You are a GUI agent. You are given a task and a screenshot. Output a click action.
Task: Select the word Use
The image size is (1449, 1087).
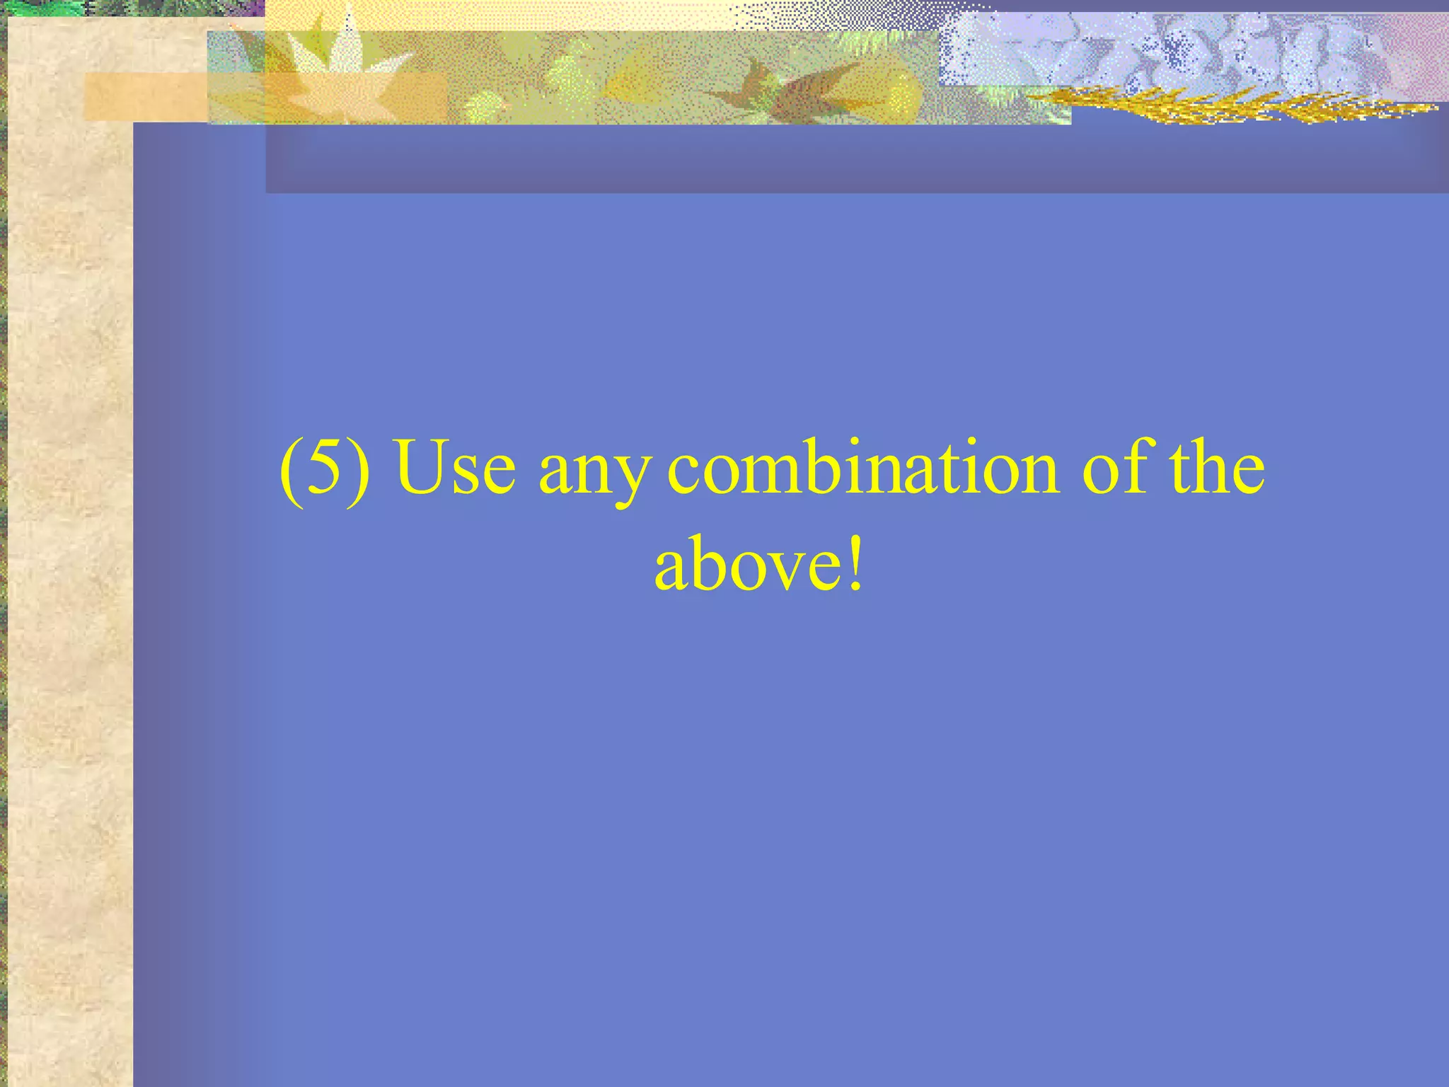(x=456, y=468)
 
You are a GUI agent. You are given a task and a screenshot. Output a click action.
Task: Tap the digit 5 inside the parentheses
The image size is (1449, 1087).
(x=325, y=468)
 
